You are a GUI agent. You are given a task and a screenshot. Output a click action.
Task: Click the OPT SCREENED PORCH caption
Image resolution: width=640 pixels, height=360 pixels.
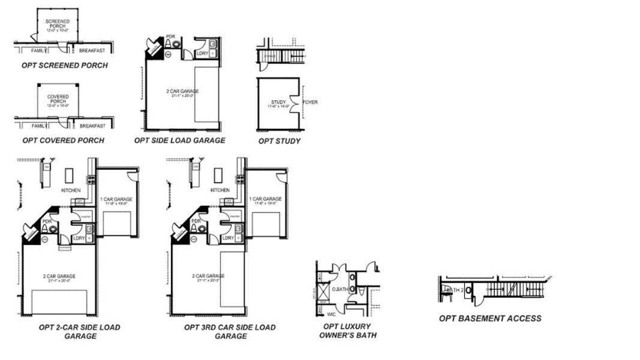(x=65, y=65)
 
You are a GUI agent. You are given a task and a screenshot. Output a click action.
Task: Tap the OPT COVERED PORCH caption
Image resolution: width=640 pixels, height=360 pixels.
(x=63, y=140)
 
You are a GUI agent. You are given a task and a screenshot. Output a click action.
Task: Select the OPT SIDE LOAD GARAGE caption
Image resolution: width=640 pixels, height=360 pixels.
(x=179, y=140)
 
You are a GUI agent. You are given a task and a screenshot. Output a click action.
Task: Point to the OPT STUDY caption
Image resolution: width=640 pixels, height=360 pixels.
(x=279, y=141)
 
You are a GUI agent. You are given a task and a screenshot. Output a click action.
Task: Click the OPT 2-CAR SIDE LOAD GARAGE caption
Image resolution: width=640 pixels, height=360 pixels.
(x=79, y=331)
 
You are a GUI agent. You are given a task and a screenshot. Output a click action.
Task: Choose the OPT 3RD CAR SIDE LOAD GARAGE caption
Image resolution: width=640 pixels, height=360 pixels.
(x=230, y=331)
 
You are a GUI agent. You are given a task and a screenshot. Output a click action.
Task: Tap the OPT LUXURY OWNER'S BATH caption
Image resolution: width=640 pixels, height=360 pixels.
(x=348, y=331)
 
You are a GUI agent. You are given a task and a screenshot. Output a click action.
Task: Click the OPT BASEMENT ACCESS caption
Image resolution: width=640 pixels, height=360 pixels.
(x=490, y=318)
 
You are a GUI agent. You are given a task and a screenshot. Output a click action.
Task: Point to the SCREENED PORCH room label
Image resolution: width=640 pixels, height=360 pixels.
(x=58, y=24)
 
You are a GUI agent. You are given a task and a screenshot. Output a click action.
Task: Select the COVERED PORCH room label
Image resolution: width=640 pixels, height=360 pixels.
(x=58, y=99)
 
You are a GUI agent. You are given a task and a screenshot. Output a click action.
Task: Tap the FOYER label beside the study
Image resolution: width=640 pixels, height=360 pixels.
(x=310, y=102)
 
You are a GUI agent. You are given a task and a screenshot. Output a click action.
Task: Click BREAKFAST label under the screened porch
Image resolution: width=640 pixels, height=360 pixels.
(x=92, y=50)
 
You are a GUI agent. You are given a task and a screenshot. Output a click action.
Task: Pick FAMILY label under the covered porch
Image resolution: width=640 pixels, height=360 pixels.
(x=39, y=126)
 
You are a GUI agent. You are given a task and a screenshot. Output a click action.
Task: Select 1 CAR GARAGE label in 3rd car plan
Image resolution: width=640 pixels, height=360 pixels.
(x=265, y=199)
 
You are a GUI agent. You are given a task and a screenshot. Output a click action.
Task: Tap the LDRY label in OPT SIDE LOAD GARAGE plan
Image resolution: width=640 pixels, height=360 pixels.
(x=203, y=53)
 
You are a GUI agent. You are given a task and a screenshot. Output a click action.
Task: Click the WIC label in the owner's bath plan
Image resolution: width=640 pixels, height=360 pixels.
(x=331, y=314)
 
